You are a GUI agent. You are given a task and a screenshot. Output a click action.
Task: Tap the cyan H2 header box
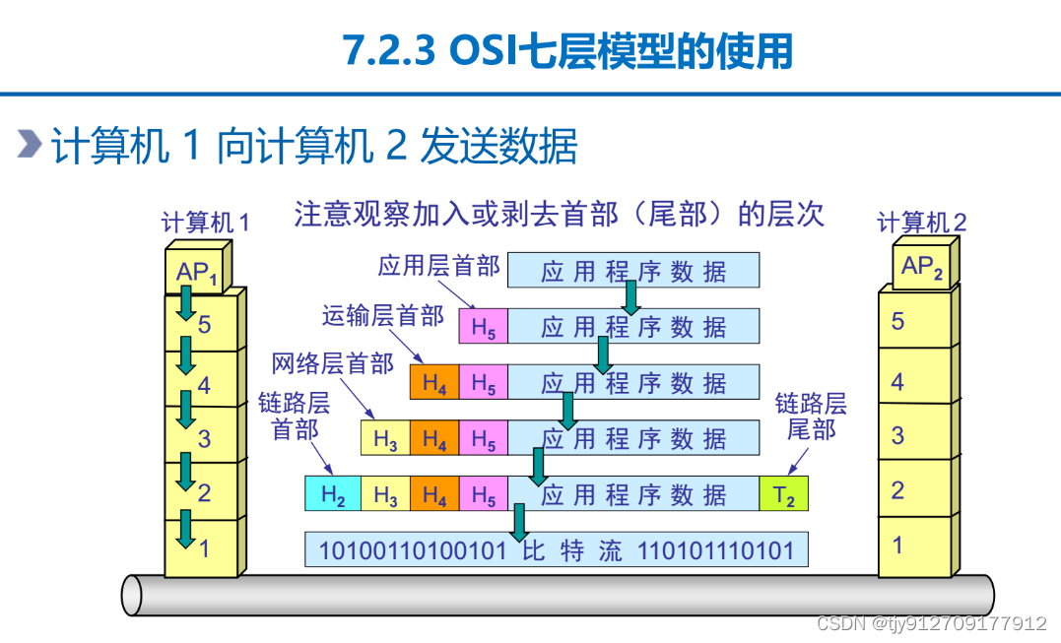coord(334,495)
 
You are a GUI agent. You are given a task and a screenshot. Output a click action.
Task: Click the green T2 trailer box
coord(783,495)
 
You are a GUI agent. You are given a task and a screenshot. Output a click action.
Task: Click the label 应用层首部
coord(438,266)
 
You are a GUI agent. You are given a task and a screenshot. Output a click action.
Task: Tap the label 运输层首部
coord(382,315)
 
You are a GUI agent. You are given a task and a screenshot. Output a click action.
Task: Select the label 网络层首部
coord(332,364)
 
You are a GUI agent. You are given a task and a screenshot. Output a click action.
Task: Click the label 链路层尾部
coord(811,417)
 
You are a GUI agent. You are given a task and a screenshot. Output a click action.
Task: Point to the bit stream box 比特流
coord(556,549)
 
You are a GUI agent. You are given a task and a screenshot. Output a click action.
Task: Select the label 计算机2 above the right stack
coord(921,222)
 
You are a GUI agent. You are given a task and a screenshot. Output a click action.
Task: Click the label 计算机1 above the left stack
coord(205,222)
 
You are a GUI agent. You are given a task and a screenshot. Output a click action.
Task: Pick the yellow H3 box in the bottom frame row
coord(385,495)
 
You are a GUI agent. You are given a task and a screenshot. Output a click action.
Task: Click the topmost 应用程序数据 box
coord(632,270)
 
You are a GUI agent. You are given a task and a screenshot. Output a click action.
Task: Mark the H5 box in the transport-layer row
coord(483,327)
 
